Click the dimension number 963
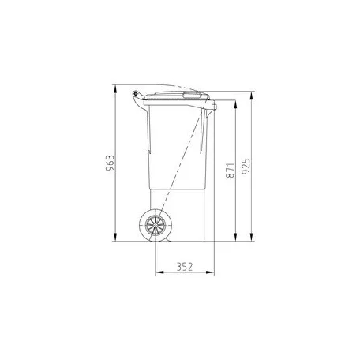coord(111,163)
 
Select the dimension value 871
coord(231,170)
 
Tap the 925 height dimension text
coord(246,166)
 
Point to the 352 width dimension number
coord(185,267)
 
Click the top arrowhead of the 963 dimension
coord(115,89)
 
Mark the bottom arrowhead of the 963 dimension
coord(115,237)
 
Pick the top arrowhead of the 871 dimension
coord(235,104)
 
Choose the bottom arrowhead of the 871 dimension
coord(235,237)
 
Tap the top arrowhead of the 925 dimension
coord(251,96)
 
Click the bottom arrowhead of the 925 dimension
coord(251,237)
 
